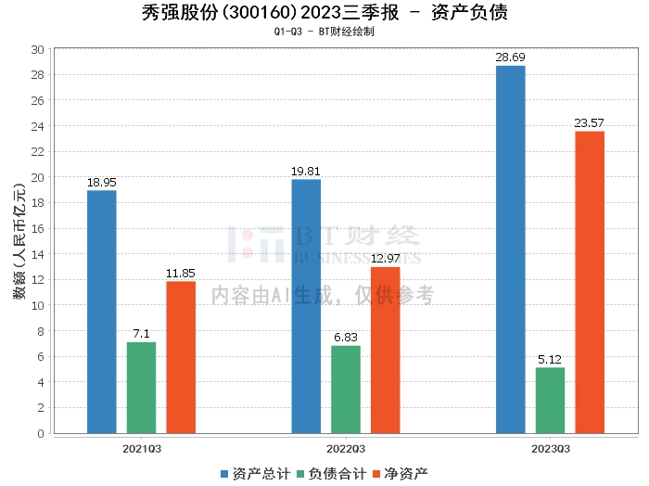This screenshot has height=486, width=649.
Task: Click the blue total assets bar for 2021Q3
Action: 102,312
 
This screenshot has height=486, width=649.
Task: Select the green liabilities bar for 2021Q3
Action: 141,388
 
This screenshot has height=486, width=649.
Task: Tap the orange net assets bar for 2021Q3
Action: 181,357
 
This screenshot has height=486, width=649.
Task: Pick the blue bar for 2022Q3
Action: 306,306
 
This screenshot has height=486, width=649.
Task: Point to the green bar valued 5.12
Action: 550,400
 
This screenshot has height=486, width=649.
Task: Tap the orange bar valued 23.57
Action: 590,282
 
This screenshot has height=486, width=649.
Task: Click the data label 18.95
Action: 101,183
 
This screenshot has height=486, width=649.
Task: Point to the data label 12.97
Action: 385,259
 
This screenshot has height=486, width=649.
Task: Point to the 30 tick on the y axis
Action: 38,49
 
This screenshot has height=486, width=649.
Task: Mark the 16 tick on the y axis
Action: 38,228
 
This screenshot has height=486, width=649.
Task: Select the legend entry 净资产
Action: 400,473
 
